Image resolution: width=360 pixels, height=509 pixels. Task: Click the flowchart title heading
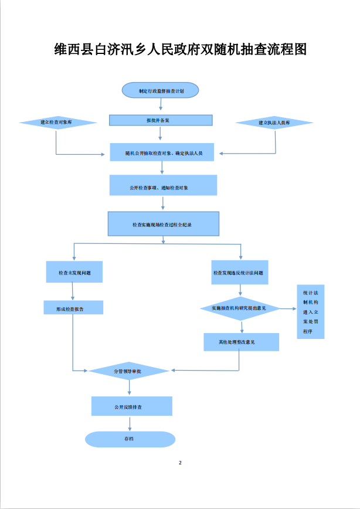tap(180, 49)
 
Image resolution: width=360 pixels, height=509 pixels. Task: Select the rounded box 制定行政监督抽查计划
tap(160, 91)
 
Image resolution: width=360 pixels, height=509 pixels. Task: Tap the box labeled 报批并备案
tap(160, 120)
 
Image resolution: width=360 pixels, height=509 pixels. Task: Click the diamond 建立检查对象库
tap(57, 123)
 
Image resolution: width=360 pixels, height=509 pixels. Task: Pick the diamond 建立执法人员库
tap(274, 123)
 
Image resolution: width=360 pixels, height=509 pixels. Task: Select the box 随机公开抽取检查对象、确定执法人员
tap(163, 152)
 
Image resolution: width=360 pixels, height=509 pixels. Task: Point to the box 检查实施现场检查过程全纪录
tap(163, 223)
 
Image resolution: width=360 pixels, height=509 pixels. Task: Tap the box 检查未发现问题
tap(74, 273)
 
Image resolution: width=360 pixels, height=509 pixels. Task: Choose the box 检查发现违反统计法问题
tap(239, 273)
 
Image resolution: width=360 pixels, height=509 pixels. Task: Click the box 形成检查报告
tap(73, 307)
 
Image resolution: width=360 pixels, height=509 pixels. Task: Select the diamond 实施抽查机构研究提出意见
tap(239, 308)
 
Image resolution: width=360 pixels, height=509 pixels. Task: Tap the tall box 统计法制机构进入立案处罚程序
tap(310, 311)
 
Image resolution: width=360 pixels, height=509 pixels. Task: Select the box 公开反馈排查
tap(131, 406)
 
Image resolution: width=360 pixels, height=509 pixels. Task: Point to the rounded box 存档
tap(130, 439)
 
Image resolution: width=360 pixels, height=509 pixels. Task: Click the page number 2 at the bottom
tap(180, 463)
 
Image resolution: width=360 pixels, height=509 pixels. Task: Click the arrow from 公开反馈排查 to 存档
tap(130, 423)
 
